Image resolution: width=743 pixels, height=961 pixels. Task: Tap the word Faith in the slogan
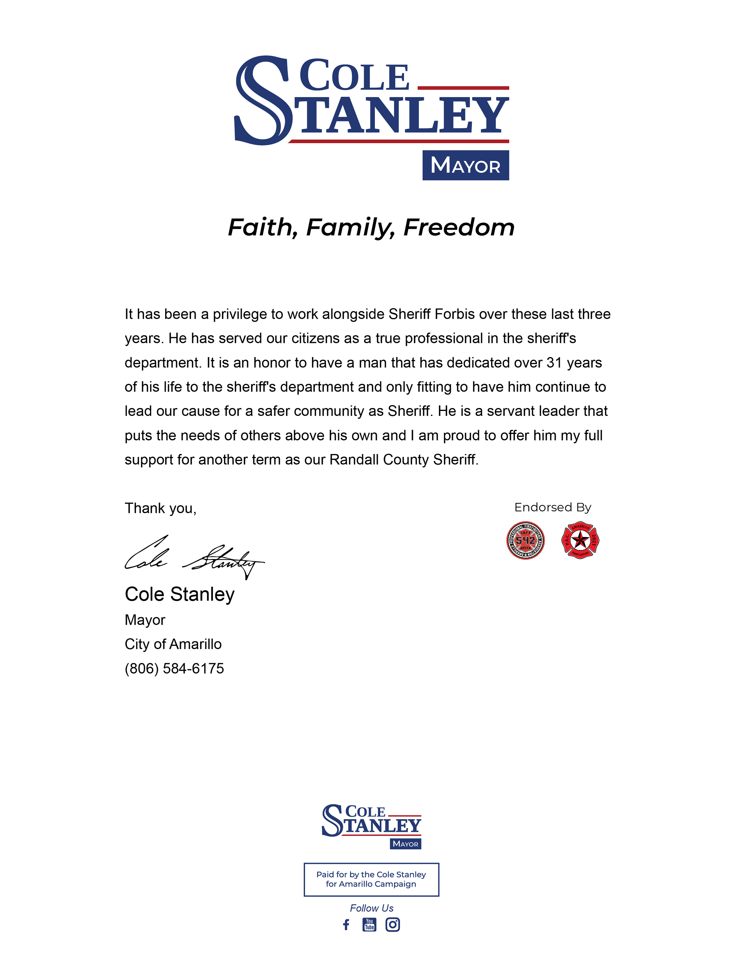260,227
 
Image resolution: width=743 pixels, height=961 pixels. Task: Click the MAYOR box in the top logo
465,165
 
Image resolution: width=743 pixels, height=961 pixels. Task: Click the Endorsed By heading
552,507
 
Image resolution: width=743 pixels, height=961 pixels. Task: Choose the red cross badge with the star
580,540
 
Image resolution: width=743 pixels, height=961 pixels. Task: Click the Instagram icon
393,925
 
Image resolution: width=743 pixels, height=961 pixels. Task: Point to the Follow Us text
371,908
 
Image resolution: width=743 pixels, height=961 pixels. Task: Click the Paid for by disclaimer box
371,879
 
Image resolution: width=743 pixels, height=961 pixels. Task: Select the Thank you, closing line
160,508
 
